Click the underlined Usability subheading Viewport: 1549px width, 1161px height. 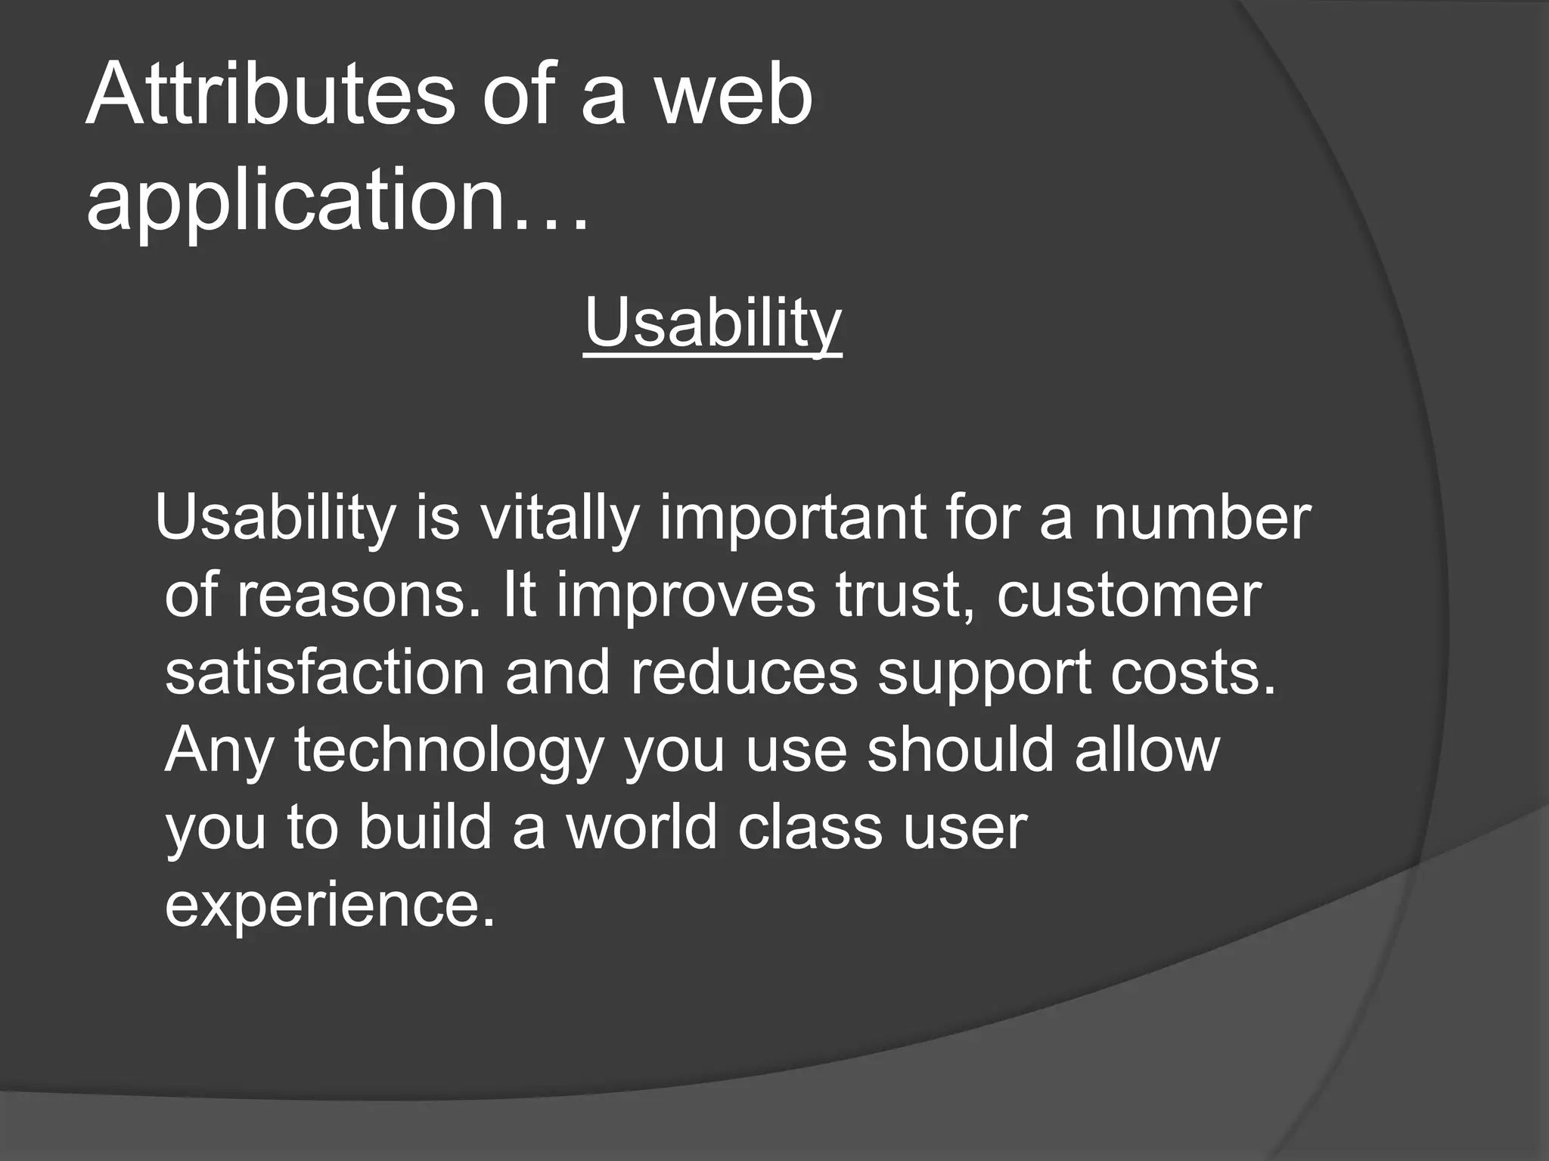tap(712, 324)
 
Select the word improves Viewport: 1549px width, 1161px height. tap(686, 597)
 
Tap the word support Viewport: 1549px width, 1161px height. tap(983, 676)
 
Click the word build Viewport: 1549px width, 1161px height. tap(425, 827)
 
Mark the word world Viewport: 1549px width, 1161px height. tap(642, 827)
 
